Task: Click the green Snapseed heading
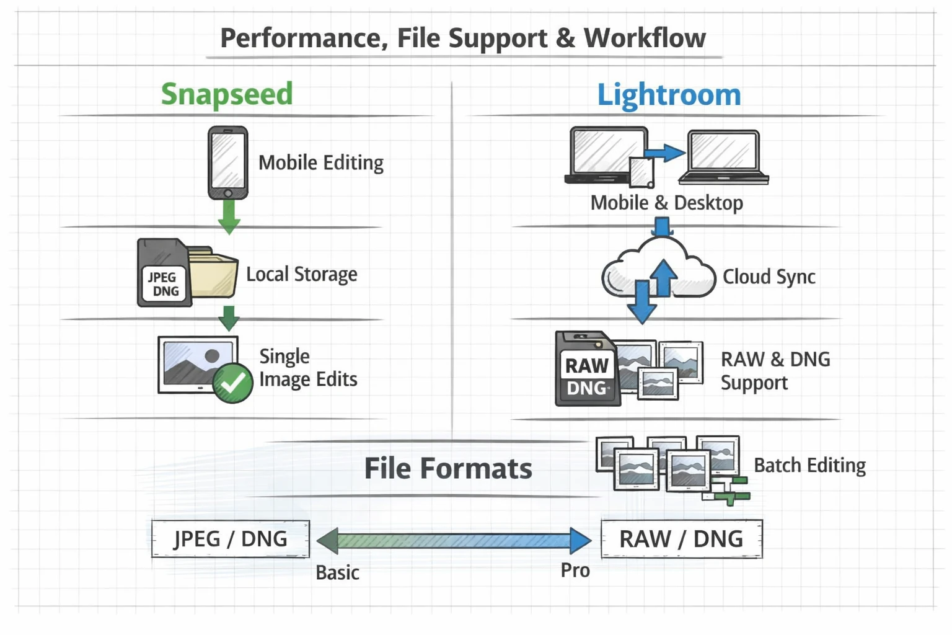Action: [226, 94]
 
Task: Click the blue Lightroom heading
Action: [669, 95]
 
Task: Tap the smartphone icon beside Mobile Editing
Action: [227, 162]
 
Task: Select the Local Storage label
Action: [301, 274]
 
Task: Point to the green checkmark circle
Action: [232, 384]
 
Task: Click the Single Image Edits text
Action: [307, 368]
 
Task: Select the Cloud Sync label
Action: [769, 277]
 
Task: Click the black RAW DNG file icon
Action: [586, 370]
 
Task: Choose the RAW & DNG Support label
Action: [775, 370]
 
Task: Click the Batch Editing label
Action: [809, 465]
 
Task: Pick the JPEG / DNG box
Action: [230, 539]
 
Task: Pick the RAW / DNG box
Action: [681, 539]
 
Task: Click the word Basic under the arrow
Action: [337, 572]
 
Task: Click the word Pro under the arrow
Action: [575, 571]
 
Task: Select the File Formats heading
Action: [447, 468]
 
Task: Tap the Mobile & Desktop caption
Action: [666, 203]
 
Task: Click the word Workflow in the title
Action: [644, 38]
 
